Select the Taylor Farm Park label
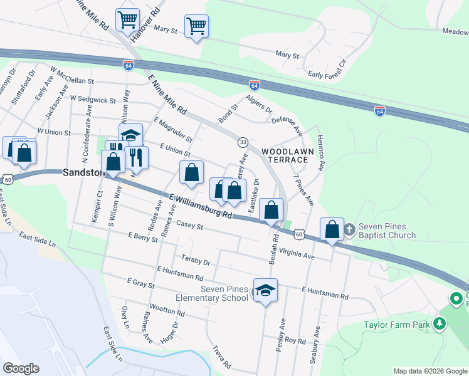tap(397, 325)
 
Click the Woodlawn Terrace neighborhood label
tap(285, 155)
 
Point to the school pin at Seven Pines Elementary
tap(265, 290)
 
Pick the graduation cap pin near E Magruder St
tap(130, 136)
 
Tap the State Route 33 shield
tap(243, 142)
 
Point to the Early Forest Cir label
tap(327, 70)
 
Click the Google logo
tap(21, 368)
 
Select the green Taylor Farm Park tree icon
tap(440, 323)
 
